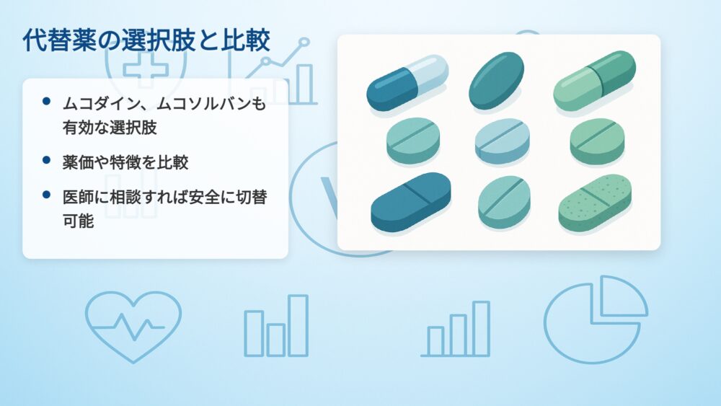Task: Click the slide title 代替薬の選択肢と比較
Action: point(146,40)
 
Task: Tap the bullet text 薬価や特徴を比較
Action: point(125,162)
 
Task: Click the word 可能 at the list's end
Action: point(78,221)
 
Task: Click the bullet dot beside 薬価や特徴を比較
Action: point(46,160)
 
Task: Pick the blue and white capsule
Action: point(407,82)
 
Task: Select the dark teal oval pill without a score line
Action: point(496,81)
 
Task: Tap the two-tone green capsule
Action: point(595,81)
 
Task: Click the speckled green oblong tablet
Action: point(595,203)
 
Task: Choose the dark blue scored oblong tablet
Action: point(411,202)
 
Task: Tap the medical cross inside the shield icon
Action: point(146,68)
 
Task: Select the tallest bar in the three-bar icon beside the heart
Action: point(298,325)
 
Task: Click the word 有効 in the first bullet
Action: point(78,128)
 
